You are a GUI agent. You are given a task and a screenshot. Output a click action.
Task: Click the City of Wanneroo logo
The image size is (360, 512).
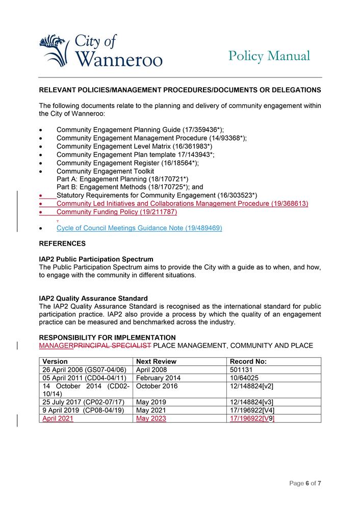pyautogui.click(x=100, y=51)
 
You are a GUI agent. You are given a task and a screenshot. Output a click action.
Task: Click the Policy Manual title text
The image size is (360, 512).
pyautogui.click(x=269, y=56)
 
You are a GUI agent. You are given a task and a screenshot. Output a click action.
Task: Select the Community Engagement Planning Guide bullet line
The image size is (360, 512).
pyautogui.click(x=140, y=130)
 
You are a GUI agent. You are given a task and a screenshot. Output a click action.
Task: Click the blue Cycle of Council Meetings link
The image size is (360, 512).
pyautogui.click(x=139, y=228)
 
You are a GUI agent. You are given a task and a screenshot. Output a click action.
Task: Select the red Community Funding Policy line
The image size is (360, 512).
pyautogui.click(x=117, y=211)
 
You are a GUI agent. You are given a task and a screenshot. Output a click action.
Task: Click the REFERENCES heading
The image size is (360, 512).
pyautogui.click(x=62, y=244)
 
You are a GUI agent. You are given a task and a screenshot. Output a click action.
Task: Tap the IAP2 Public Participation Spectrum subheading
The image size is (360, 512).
pyautogui.click(x=96, y=259)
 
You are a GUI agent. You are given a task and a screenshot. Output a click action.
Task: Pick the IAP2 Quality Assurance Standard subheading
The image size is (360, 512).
pyautogui.click(x=93, y=298)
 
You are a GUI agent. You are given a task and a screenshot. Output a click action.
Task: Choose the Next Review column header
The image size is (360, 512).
pyautogui.click(x=156, y=361)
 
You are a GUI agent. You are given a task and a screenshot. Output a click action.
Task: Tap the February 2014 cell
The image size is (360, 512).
pyautogui.click(x=158, y=378)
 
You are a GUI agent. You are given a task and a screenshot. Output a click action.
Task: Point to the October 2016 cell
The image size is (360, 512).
pyautogui.click(x=157, y=386)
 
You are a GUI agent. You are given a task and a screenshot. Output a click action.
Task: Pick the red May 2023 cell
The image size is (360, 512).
pyautogui.click(x=151, y=418)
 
